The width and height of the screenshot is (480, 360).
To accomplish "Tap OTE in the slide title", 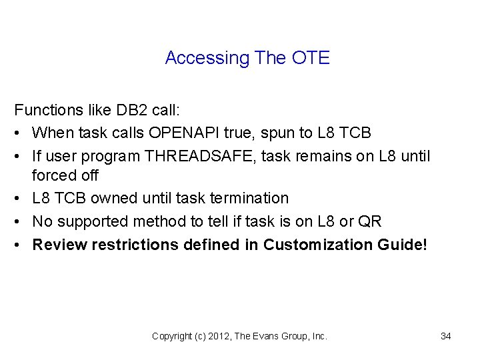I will pos(311,58).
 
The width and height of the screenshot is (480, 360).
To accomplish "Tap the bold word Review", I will pos(55,245).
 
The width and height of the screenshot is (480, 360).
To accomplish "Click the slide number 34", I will pos(446,336).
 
